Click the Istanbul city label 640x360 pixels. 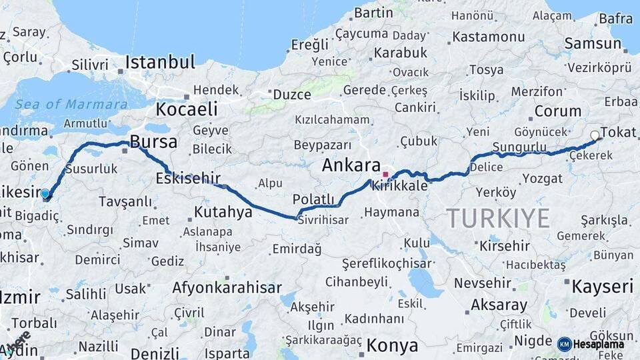click(x=160, y=63)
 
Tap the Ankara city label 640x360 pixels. click(x=351, y=166)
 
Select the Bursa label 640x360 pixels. click(x=153, y=142)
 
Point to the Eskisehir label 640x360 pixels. click(x=187, y=178)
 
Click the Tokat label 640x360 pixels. click(x=618, y=132)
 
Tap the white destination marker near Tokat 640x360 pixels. click(x=595, y=135)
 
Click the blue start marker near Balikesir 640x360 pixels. click(x=45, y=194)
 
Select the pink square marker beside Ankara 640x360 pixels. click(x=385, y=175)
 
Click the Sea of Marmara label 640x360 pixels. click(x=71, y=104)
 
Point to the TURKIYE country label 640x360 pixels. click(x=498, y=218)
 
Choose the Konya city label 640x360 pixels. click(x=393, y=346)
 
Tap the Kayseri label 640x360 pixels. click(x=602, y=287)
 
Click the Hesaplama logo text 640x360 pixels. click(x=601, y=344)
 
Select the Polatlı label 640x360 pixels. click(x=313, y=199)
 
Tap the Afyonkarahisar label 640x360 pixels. click(x=227, y=288)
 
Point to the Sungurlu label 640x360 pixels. click(x=519, y=147)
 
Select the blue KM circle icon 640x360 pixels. click(x=565, y=344)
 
